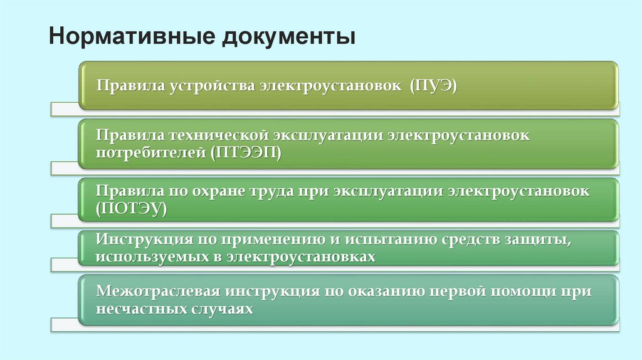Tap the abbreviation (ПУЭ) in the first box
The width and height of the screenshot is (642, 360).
pos(434,85)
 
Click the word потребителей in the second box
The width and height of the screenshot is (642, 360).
pos(151,152)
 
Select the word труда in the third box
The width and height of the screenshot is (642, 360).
pos(282,192)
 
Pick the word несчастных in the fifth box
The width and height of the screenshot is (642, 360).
pos(140,309)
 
